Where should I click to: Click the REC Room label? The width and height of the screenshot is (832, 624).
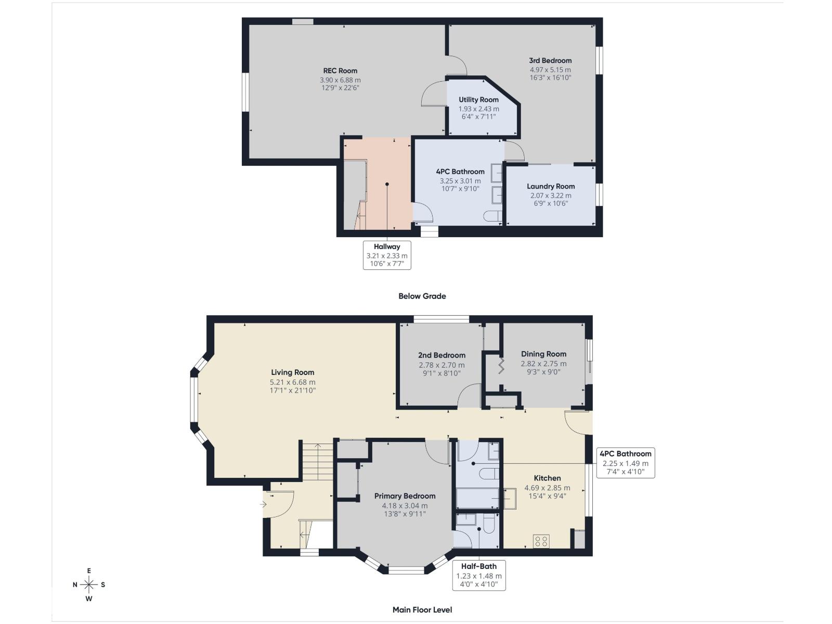340,71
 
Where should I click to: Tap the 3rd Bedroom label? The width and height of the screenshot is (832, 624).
550,60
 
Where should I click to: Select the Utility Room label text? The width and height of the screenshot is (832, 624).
478,99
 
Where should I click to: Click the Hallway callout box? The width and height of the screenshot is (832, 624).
387,255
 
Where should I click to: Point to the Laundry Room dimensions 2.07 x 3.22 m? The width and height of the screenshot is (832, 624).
551,196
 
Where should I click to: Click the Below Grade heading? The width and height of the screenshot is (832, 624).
422,296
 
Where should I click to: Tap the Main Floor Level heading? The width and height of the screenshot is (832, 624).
422,609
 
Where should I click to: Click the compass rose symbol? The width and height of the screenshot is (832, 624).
89,584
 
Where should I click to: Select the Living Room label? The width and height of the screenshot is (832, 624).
292,372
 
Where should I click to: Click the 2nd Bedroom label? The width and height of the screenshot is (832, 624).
441,355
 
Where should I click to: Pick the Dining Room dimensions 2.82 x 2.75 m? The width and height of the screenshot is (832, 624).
543,364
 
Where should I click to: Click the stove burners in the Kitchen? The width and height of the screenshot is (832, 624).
541,541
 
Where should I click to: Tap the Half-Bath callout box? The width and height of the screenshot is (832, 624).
478,575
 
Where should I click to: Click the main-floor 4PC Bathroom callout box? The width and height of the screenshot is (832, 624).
625,462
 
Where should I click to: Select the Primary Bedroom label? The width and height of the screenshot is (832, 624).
405,496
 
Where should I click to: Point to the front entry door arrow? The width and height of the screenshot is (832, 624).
263,504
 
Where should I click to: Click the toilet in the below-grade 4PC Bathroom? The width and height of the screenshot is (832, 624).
491,216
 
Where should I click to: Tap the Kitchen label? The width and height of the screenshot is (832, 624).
547,478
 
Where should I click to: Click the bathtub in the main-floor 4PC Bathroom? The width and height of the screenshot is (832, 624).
477,498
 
